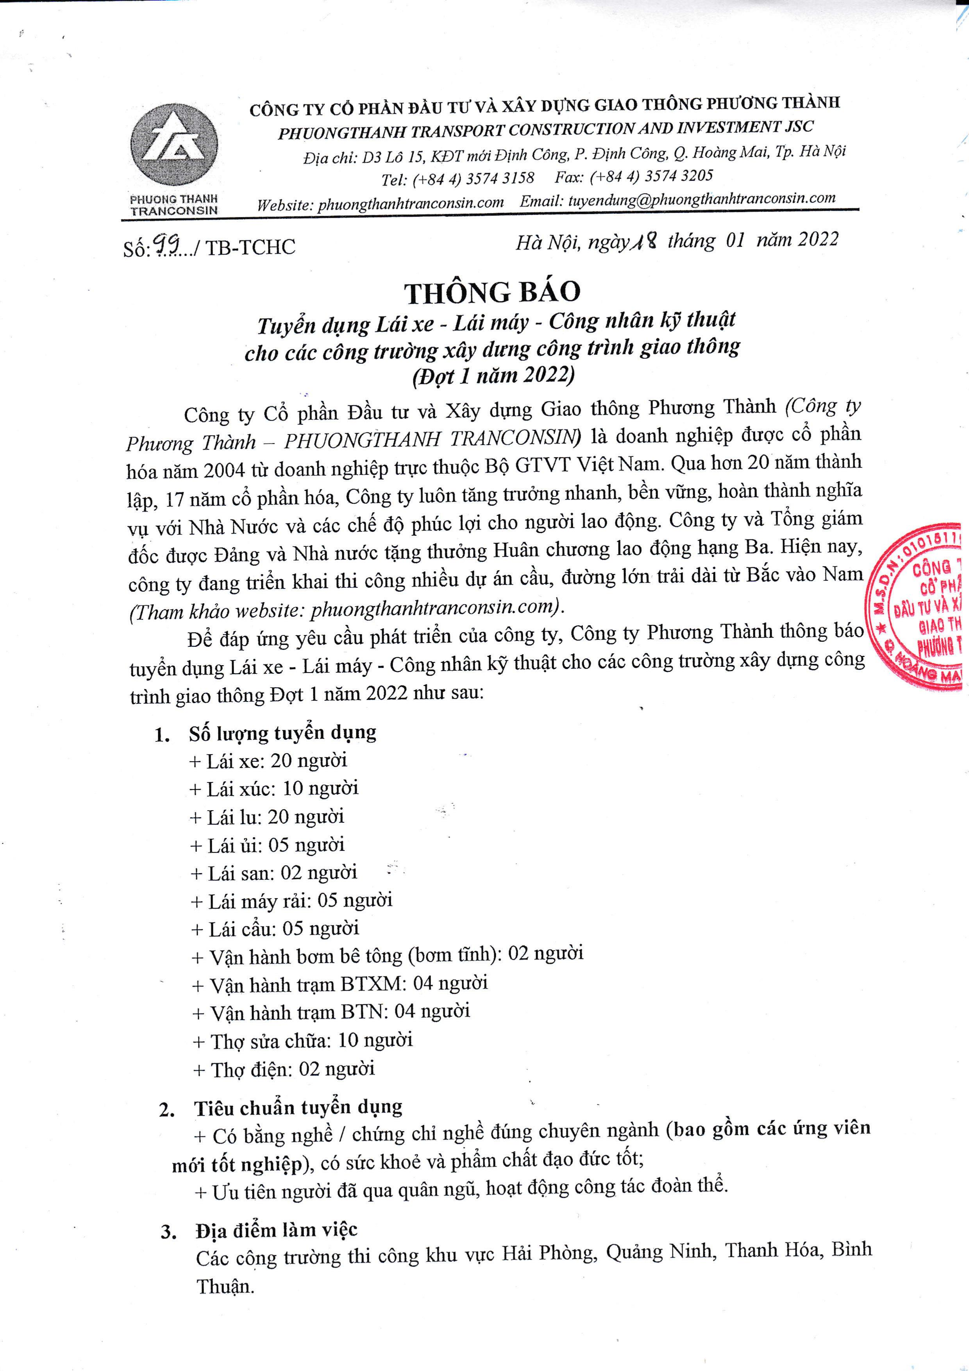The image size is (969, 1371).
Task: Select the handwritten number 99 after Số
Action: [166, 243]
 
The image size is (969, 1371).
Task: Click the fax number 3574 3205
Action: [678, 176]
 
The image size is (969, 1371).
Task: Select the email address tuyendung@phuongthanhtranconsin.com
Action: [701, 199]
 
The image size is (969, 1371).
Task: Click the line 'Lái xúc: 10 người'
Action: [274, 788]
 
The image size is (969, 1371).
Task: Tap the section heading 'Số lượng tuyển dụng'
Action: [282, 733]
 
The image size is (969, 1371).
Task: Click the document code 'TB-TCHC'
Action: [250, 247]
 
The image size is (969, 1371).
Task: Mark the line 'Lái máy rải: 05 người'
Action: [291, 900]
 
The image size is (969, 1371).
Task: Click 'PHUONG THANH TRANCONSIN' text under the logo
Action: [174, 205]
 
